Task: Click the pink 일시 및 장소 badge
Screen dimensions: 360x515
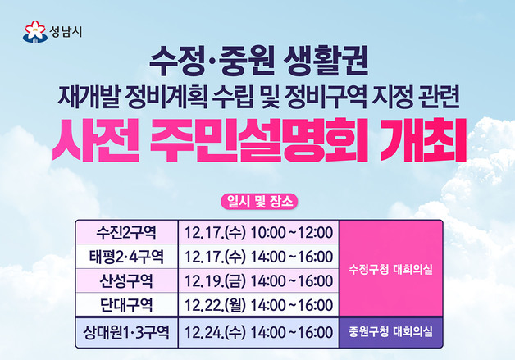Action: pyautogui.click(x=257, y=201)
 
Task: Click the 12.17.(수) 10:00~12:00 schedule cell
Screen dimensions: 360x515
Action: pyautogui.click(x=258, y=232)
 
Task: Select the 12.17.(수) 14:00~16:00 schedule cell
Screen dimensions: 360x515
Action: pyautogui.click(x=258, y=257)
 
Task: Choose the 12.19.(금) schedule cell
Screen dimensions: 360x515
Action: pyautogui.click(x=258, y=281)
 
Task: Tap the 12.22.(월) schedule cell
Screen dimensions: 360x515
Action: pyautogui.click(x=258, y=305)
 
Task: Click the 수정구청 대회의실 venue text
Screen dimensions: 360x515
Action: pyautogui.click(x=390, y=268)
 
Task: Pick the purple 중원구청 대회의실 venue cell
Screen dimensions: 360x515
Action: pyautogui.click(x=390, y=333)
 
